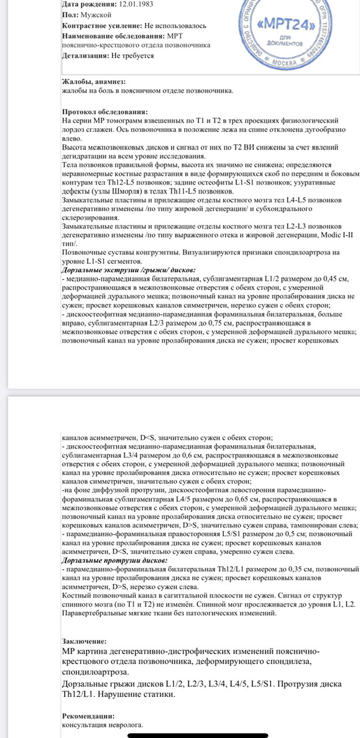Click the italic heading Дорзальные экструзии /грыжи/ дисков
pos(128,270)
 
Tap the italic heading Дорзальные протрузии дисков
pos(115,560)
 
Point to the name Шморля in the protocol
pos(122,190)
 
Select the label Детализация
pos(85,56)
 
